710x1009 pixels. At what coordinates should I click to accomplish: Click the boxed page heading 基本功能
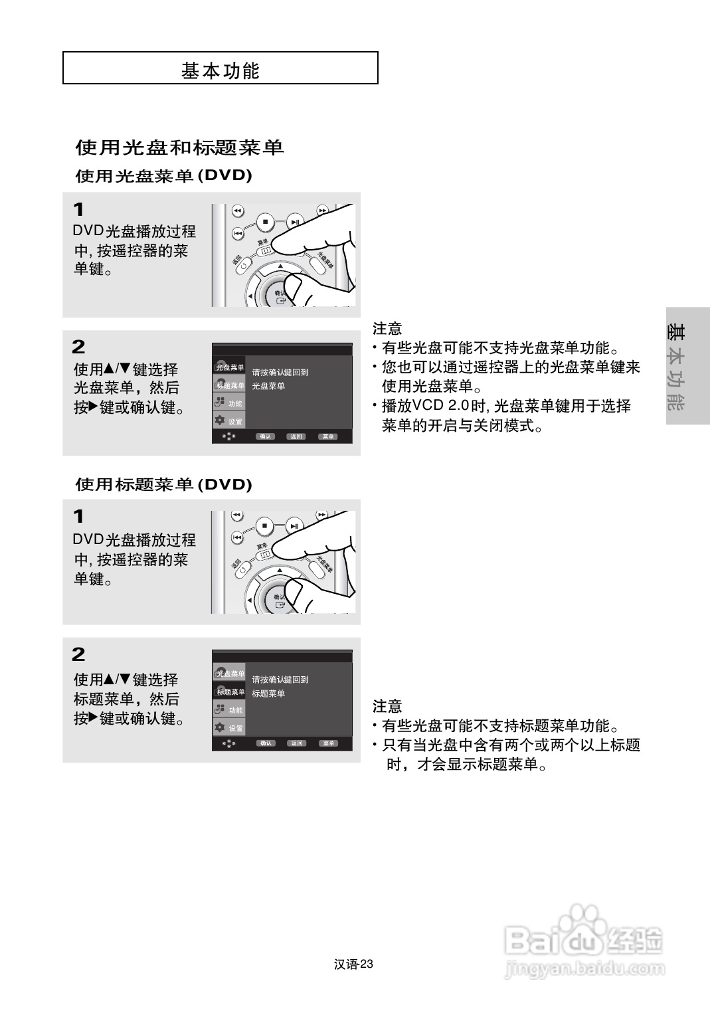click(x=220, y=69)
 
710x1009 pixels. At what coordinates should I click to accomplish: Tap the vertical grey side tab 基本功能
click(x=676, y=367)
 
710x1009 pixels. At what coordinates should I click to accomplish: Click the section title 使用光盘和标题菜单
click(x=179, y=147)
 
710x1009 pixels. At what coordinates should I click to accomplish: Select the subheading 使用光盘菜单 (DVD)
click(x=163, y=176)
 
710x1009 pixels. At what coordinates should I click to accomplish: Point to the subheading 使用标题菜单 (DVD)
click(x=163, y=484)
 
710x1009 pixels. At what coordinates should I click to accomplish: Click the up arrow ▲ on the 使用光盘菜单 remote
click(x=280, y=265)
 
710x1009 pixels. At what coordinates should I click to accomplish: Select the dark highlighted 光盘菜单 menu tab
click(x=229, y=367)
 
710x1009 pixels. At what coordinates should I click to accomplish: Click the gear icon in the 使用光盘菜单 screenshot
click(x=219, y=420)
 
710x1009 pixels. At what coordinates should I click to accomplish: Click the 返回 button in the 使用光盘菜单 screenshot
click(x=296, y=436)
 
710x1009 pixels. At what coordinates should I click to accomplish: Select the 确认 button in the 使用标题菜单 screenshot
click(x=266, y=743)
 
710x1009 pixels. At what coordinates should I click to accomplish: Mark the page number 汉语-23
click(x=354, y=964)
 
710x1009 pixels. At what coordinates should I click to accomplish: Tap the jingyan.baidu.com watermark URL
click(x=584, y=969)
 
